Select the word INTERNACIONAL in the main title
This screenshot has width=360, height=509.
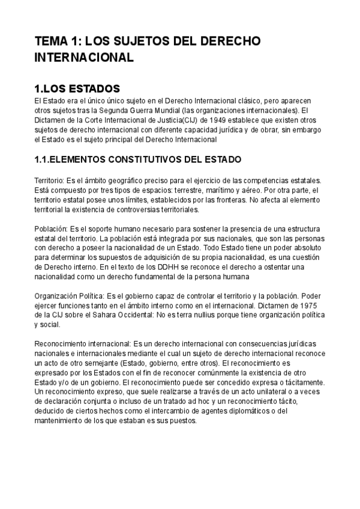(x=83, y=59)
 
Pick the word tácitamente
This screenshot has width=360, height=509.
(x=302, y=382)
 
